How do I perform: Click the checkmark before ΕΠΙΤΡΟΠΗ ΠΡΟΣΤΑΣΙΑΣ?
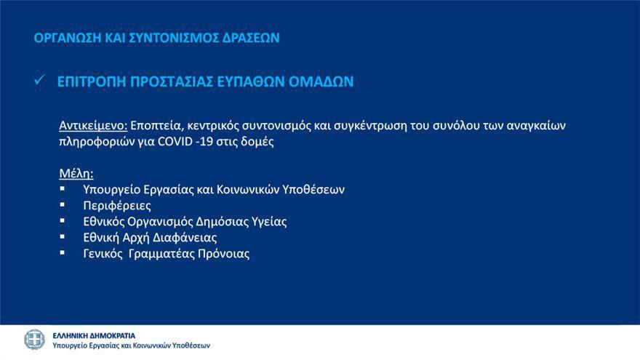tap(39, 80)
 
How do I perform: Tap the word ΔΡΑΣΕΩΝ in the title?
tap(251, 38)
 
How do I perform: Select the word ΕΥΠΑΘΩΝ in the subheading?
tap(251, 81)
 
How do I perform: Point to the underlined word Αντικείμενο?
tap(94, 125)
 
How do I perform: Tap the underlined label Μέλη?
tap(76, 174)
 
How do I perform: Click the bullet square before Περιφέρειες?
tap(63, 204)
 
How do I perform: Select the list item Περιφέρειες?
tap(117, 205)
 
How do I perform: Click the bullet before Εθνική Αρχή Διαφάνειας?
tap(63, 236)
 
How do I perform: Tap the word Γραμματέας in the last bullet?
tap(161, 254)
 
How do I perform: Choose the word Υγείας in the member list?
tap(269, 222)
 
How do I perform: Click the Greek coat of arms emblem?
tap(34, 340)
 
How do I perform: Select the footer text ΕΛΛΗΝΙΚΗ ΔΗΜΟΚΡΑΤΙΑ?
tap(94, 336)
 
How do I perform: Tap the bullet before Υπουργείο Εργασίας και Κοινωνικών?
tap(63, 188)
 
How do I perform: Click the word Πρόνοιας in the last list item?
tap(224, 254)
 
